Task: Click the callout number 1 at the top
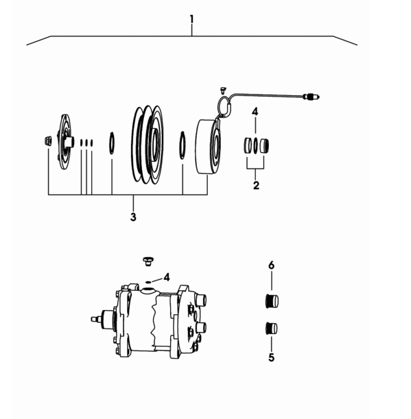pos(191,19)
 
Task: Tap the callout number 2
pos(256,185)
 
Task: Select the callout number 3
pos(133,217)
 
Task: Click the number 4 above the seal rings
pos(255,112)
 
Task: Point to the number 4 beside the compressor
pos(167,277)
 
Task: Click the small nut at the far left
pos(47,141)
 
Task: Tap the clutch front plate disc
pos(64,142)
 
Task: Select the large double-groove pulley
pos(148,145)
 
